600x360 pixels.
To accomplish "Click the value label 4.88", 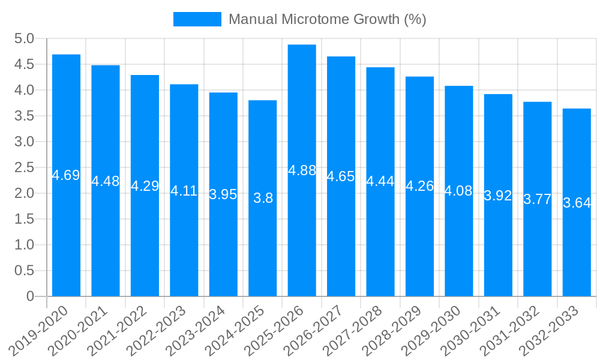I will click(302, 170).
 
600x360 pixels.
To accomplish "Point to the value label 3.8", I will click(263, 199).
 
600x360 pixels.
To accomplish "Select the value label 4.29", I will click(145, 186).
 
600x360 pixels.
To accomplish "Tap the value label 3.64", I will click(577, 203).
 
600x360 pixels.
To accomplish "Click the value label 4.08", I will click(459, 191).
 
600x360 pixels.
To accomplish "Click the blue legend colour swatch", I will click(197, 19).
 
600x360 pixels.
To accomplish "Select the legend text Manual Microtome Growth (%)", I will click(328, 19).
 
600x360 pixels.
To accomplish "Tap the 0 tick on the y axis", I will click(30, 296).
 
